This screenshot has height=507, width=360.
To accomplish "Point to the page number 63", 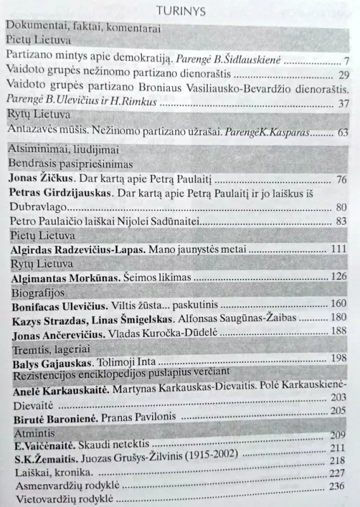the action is (x=342, y=134).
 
